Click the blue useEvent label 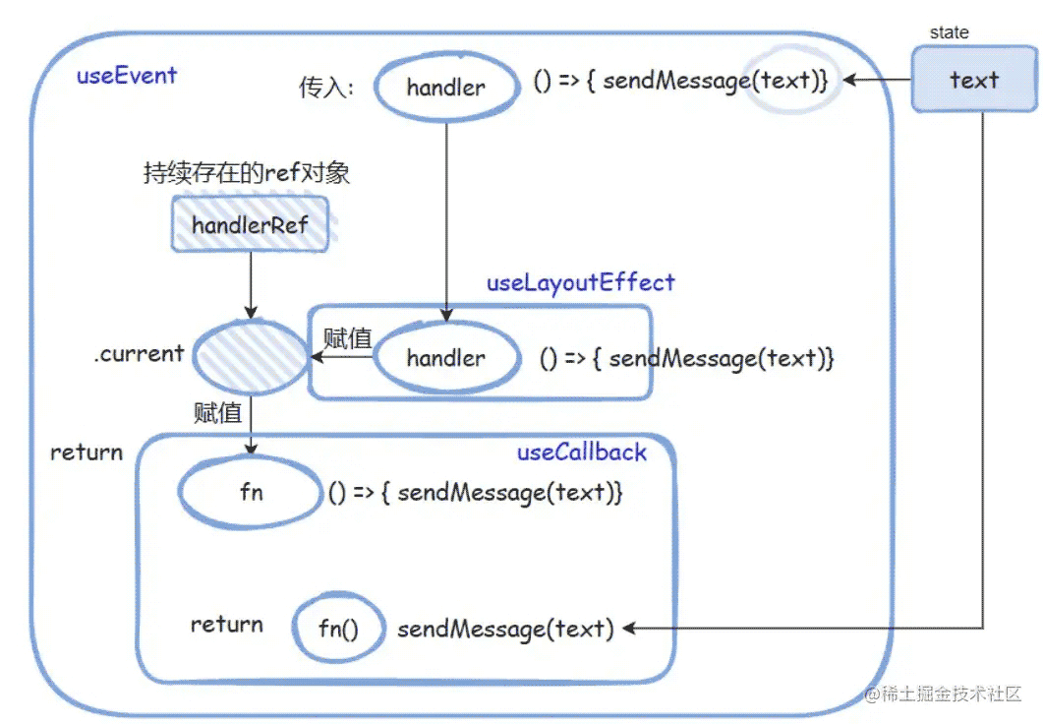(127, 76)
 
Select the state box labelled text (972, 80)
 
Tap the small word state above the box (949, 32)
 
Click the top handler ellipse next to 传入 (446, 88)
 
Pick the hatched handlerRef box (251, 225)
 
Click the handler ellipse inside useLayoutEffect (446, 358)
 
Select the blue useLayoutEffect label (581, 283)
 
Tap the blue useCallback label (582, 452)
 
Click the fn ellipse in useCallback (252, 492)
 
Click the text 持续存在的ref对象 (246, 174)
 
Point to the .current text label (139, 353)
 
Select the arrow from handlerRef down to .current (251, 285)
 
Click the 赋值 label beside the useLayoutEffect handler (347, 338)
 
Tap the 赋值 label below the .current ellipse (217, 412)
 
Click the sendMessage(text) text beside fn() (505, 629)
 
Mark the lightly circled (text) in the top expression (786, 81)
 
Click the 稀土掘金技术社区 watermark (944, 694)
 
